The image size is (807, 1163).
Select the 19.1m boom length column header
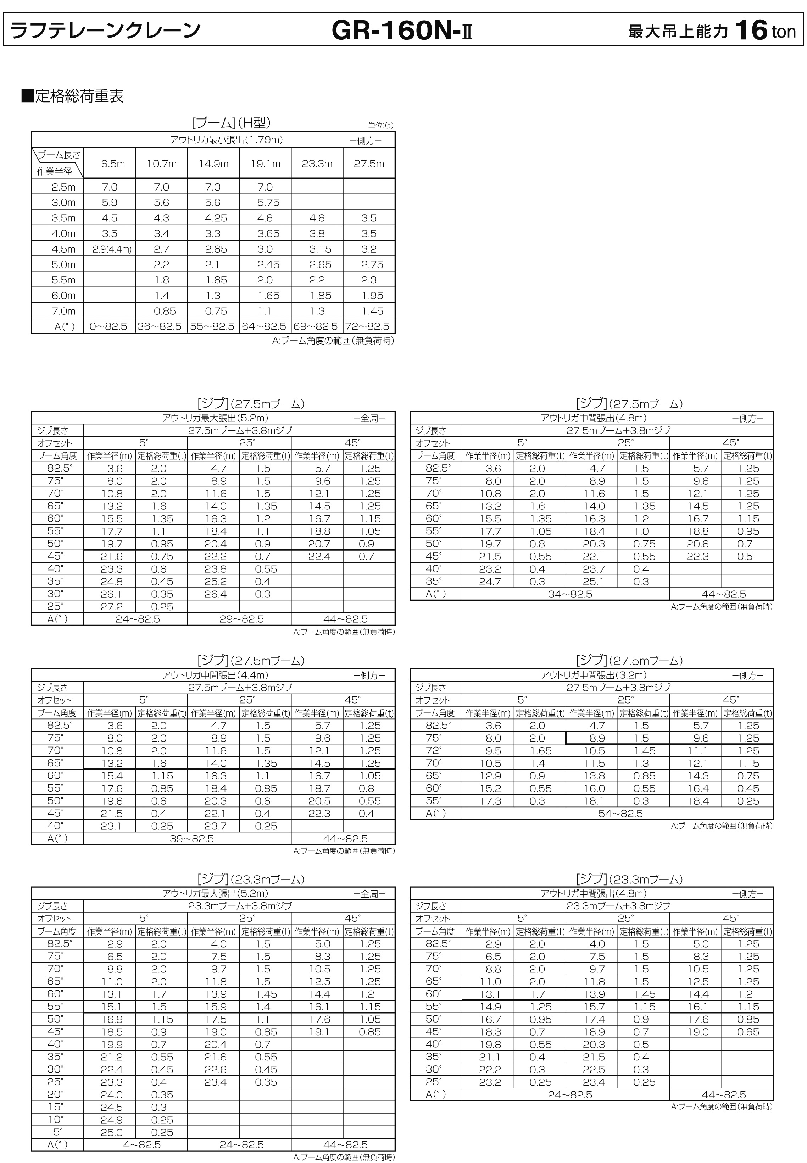(265, 164)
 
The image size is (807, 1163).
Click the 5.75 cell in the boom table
(265, 202)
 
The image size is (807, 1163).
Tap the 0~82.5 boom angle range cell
(109, 326)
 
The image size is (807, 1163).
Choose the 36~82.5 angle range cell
(161, 326)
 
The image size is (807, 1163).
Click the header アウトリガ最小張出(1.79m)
(227, 140)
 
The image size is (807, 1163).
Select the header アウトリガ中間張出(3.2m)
(594, 675)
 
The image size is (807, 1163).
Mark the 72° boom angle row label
(434, 751)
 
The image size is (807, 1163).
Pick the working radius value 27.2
(112, 607)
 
